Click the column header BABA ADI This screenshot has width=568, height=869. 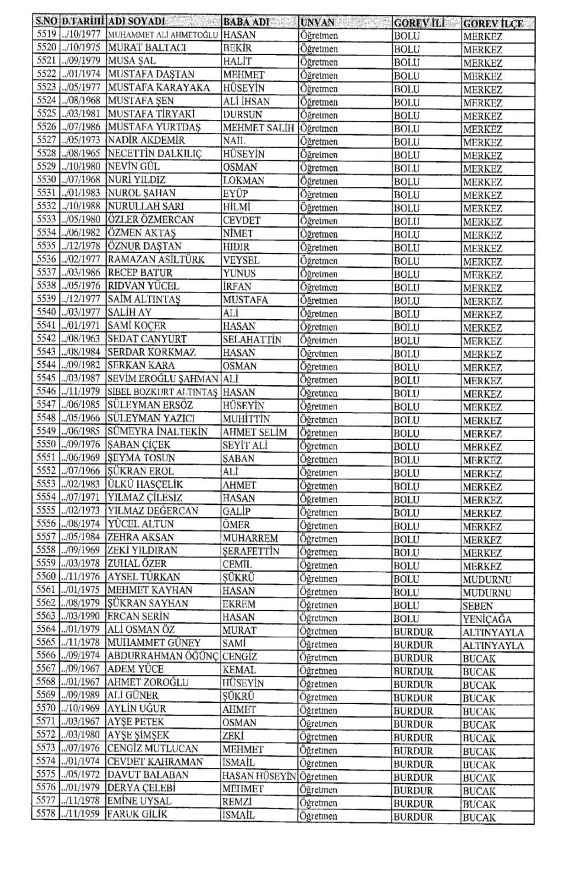coord(246,22)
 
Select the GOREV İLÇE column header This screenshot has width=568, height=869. coord(493,24)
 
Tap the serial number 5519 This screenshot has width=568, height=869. coord(46,34)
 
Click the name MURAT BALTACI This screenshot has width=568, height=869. coord(146,48)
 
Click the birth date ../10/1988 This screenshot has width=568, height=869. coord(80,206)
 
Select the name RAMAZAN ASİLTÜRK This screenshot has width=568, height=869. coord(156,260)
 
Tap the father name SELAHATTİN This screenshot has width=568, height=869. coord(251,339)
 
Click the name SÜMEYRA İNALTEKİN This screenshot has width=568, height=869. coord(157,432)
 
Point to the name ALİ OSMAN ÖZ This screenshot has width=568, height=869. coord(141,630)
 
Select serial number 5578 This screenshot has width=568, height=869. coord(46,814)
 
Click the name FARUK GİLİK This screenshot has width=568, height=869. coord(137,814)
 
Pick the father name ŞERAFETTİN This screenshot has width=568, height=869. coord(251,551)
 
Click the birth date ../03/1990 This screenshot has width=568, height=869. coord(80,617)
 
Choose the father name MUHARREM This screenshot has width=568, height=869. coord(250,538)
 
